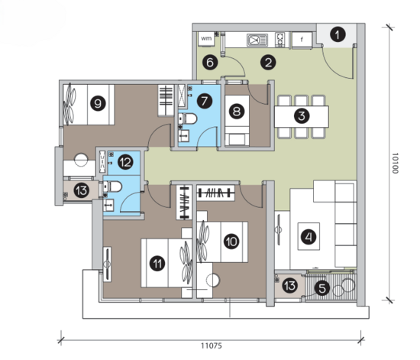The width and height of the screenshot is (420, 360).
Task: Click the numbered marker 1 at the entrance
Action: tap(338, 35)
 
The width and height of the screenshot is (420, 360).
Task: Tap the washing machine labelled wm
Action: tap(206, 39)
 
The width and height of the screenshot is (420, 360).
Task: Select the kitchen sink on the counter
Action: tap(257, 41)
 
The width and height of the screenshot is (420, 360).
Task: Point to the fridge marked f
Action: tap(302, 41)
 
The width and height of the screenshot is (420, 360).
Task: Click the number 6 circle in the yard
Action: tap(210, 63)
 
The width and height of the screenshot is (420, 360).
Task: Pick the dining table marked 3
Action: tap(302, 116)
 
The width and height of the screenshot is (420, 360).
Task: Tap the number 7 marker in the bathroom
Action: tap(205, 101)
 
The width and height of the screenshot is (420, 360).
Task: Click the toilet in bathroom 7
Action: tap(188, 118)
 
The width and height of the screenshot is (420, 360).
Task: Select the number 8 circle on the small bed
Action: tap(237, 111)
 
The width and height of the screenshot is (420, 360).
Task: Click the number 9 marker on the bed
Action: tap(98, 103)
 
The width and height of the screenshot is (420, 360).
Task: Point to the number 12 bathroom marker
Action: tap(125, 162)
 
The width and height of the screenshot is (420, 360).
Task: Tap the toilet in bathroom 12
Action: tap(113, 186)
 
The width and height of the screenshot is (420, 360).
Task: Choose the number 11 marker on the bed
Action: tap(157, 263)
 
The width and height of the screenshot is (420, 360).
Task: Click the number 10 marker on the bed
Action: tap(231, 242)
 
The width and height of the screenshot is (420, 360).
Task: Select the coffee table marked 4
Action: tap(309, 236)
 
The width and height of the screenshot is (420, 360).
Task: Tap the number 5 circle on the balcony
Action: tap(322, 288)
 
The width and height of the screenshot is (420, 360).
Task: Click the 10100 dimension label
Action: tap(395, 163)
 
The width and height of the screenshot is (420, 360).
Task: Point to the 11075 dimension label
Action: tap(212, 345)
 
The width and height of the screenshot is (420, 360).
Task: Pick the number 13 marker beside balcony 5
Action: tap(290, 286)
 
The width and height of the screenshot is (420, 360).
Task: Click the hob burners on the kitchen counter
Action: tap(280, 40)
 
